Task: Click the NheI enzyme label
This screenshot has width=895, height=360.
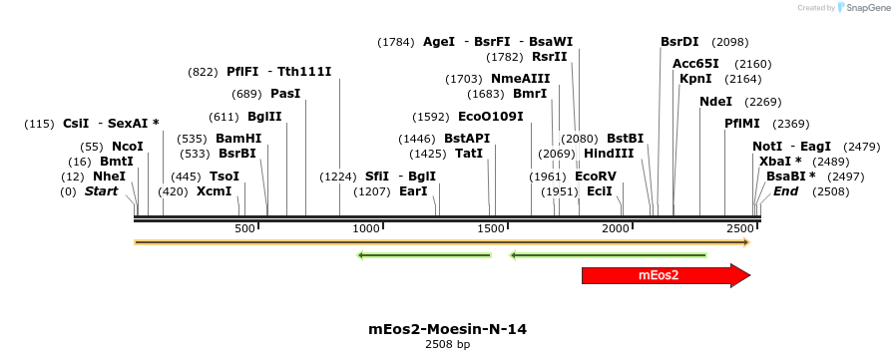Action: coord(109,177)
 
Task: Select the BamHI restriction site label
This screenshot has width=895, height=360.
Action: coord(238,139)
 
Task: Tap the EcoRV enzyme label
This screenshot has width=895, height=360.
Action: coord(596,177)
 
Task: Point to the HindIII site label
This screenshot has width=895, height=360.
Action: coord(609,154)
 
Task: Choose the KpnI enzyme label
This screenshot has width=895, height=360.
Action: coord(695,79)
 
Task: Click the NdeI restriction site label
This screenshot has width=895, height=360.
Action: coord(715,102)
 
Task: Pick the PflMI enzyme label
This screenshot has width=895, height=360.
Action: coord(742,124)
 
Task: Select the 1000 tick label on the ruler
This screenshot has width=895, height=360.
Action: coord(367,228)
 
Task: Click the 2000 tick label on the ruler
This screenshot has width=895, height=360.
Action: coord(616,228)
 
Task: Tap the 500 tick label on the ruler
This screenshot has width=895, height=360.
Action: coord(245,228)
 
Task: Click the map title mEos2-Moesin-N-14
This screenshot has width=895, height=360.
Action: coord(447,328)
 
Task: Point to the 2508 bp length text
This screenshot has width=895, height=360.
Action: coord(447,344)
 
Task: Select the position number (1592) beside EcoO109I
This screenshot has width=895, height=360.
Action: coord(431,117)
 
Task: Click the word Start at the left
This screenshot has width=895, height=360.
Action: coord(101,191)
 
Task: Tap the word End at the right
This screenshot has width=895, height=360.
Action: coord(785,191)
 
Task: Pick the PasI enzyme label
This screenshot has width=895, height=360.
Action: coord(285,94)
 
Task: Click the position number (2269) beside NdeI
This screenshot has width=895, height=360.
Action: coord(763,102)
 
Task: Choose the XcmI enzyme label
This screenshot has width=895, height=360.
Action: coord(214,191)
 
